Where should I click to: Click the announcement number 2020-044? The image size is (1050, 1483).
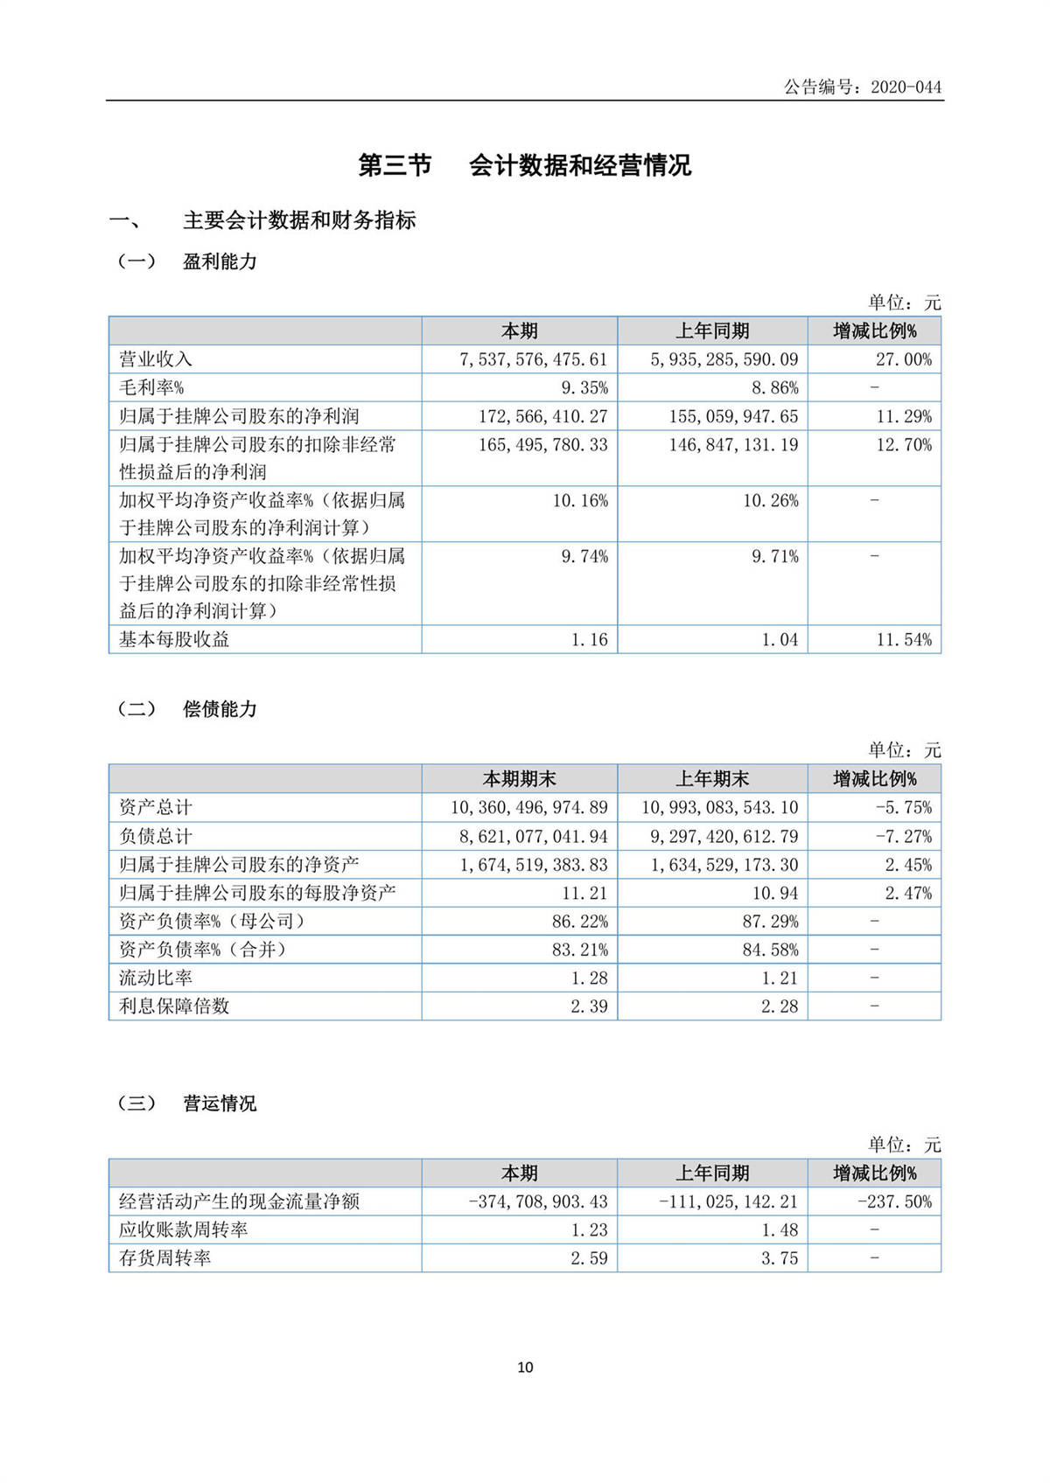(x=906, y=87)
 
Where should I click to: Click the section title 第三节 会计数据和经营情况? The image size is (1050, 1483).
(x=525, y=165)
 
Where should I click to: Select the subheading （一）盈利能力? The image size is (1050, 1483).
(x=187, y=261)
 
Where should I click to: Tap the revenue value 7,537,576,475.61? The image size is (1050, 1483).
(x=533, y=359)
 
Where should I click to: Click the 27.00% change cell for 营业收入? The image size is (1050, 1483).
(x=904, y=359)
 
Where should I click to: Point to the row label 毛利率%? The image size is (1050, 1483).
(x=151, y=387)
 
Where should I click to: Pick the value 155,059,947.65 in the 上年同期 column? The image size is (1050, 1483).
(x=733, y=416)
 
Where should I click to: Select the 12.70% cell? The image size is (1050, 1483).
(x=904, y=444)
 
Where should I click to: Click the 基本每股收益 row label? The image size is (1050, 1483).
(x=174, y=639)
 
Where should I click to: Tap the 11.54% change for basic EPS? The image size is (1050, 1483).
(x=904, y=639)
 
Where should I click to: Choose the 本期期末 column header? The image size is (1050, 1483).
(x=519, y=779)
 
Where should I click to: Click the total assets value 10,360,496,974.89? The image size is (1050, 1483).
(x=528, y=807)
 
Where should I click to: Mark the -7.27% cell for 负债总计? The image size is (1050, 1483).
(x=904, y=836)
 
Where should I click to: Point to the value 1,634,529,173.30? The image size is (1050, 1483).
(x=724, y=865)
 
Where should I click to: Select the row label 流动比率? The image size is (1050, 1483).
(x=156, y=978)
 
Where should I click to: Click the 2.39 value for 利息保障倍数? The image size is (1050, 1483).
(x=589, y=1006)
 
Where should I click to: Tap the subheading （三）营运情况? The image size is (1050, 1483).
(x=187, y=1104)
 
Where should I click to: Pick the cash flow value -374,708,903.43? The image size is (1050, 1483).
(x=537, y=1201)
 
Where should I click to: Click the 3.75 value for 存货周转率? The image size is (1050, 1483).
(x=780, y=1258)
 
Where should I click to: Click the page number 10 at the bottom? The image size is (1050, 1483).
(x=525, y=1368)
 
